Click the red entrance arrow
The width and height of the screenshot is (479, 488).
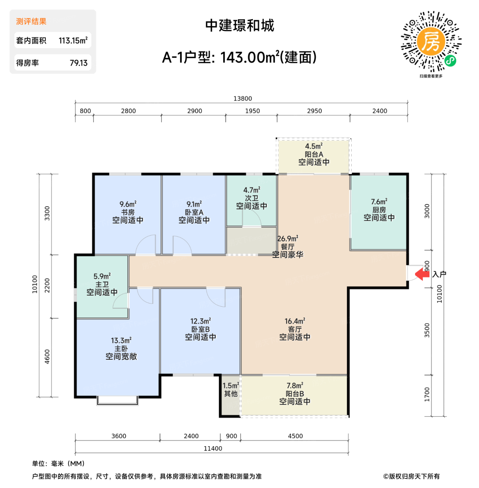(422, 274)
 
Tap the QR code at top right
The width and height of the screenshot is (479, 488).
(431, 41)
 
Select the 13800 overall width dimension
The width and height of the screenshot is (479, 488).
(242, 99)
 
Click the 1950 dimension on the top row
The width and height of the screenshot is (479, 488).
(252, 111)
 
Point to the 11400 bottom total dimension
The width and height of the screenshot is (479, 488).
(213, 448)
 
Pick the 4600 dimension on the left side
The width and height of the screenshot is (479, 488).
(47, 357)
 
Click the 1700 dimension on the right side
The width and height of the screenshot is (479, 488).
(427, 394)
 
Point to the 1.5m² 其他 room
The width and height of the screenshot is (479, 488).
(231, 390)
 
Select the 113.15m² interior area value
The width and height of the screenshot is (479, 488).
(73, 41)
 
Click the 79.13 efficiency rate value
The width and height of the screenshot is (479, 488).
(78, 63)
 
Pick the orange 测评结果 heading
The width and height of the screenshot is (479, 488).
(31, 22)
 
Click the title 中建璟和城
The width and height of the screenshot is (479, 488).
(240, 25)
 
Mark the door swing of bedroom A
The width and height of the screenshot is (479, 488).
(182, 245)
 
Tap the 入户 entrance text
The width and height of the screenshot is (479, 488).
(439, 274)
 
